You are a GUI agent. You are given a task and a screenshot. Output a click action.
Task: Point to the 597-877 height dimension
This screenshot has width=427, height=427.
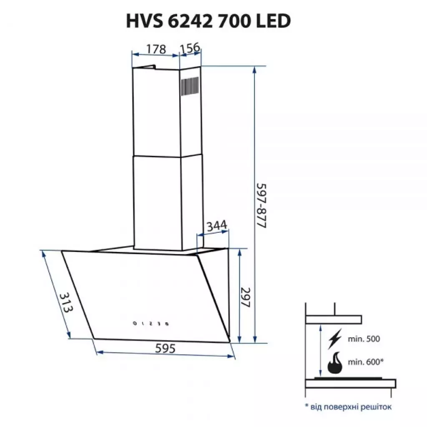point(261,204)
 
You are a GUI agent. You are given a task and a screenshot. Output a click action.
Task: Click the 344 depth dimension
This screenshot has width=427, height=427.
point(217,226)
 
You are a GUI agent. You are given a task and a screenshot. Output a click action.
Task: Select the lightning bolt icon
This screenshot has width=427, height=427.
point(334,339)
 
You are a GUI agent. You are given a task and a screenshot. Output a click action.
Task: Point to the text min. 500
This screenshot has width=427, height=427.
point(364,339)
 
